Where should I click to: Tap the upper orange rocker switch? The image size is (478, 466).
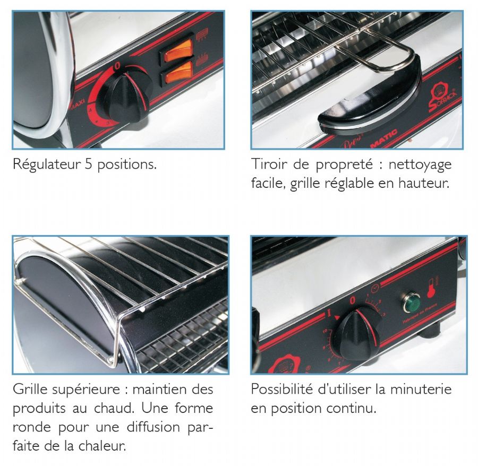pyautogui.click(x=177, y=50)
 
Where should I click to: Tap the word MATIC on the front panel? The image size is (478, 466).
pyautogui.click(x=383, y=138)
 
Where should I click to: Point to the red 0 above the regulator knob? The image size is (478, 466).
pyautogui.click(x=117, y=66)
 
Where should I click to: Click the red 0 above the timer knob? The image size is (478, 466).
pyautogui.click(x=353, y=300)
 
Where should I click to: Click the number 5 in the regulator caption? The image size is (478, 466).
pyautogui.click(x=88, y=165)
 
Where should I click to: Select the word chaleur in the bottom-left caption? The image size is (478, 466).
pyautogui.click(x=102, y=446)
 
